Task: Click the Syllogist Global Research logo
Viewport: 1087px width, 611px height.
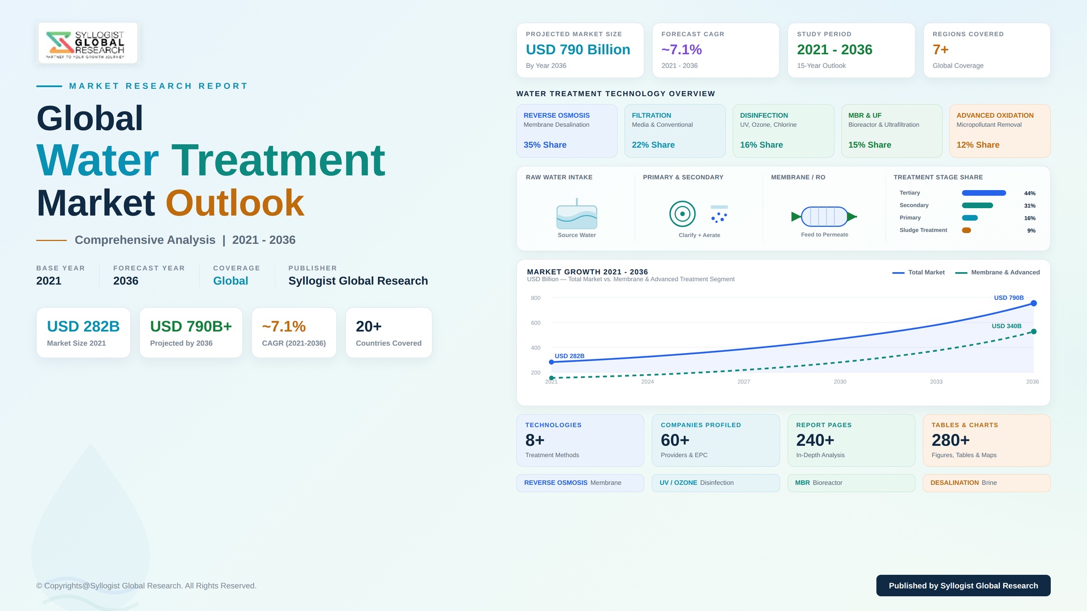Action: click(x=88, y=43)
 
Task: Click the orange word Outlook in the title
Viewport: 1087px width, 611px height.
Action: click(x=235, y=203)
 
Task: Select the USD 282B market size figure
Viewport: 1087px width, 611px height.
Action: click(x=83, y=326)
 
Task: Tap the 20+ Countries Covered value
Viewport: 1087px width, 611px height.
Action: click(x=369, y=326)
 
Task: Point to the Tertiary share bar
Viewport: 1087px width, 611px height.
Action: click(x=984, y=193)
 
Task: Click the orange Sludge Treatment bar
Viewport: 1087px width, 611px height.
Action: click(x=966, y=230)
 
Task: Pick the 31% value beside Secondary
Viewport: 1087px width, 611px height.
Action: click(x=1030, y=206)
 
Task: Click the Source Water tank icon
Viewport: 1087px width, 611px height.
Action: click(x=577, y=214)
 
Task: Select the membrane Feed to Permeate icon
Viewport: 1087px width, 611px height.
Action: click(x=824, y=216)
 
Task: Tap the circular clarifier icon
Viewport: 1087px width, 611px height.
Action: click(x=682, y=214)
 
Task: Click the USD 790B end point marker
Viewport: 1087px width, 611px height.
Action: click(x=1034, y=303)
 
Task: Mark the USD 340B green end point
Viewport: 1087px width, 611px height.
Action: click(x=1034, y=332)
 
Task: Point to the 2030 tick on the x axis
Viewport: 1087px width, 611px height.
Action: click(x=840, y=382)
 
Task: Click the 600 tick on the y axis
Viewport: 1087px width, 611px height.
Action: click(x=536, y=323)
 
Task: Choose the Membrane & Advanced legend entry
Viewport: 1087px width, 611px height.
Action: click(x=998, y=273)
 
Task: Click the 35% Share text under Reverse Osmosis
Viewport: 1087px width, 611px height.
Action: click(x=545, y=145)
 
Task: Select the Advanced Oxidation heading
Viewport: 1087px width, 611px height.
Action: click(x=995, y=115)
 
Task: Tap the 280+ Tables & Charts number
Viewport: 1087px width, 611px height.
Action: click(x=951, y=440)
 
